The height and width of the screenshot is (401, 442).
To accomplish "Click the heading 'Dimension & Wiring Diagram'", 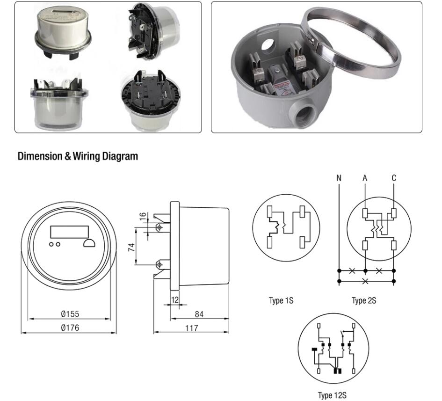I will click(78, 157).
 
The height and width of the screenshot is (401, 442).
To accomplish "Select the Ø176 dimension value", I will click(70, 328).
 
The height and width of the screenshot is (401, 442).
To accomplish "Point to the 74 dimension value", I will click(132, 247).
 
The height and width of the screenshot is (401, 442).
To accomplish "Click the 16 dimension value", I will click(142, 217).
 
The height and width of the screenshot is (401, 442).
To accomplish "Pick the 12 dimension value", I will click(174, 299).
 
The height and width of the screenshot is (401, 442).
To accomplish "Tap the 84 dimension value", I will click(199, 314).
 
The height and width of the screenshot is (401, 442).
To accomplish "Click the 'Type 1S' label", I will click(281, 300).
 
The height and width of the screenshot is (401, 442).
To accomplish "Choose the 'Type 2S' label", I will click(364, 300).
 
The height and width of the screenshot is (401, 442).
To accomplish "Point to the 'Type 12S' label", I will click(333, 395).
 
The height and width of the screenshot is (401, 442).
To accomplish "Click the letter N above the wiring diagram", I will click(339, 178).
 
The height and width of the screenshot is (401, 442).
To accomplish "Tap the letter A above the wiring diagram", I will click(365, 178).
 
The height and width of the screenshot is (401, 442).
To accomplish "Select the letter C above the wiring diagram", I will click(394, 178).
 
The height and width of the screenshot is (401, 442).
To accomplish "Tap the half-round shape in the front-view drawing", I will click(88, 243).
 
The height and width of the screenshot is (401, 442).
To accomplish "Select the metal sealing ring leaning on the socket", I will click(370, 66).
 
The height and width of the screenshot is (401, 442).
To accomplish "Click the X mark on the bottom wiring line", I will click(365, 281).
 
